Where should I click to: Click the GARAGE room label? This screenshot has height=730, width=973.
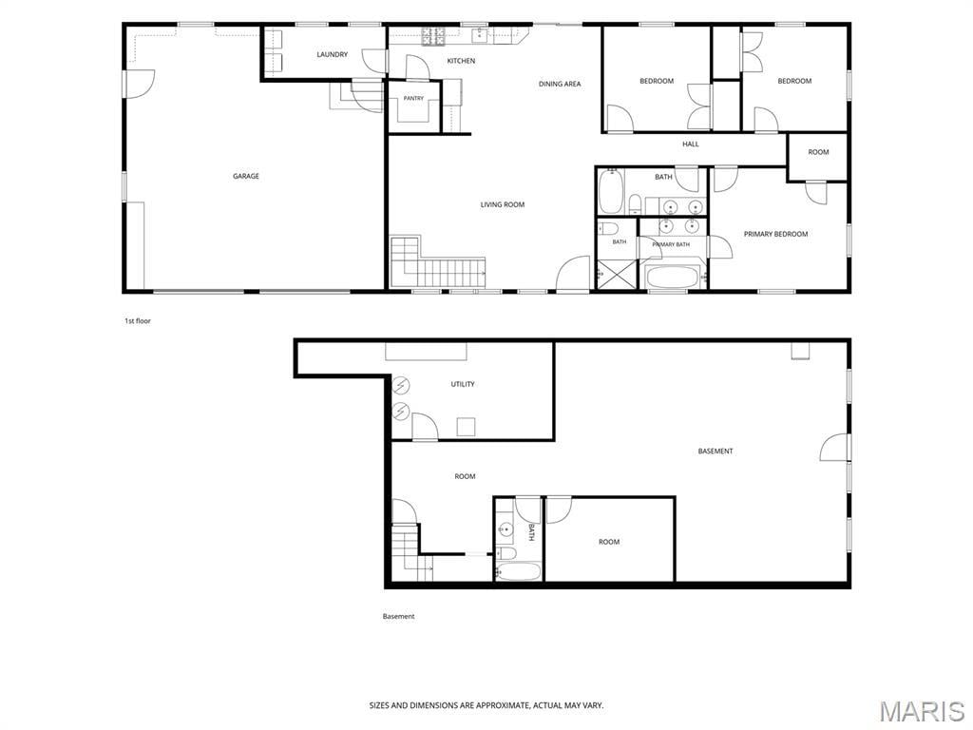[x=246, y=176]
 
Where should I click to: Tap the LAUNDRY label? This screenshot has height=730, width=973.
[x=332, y=54]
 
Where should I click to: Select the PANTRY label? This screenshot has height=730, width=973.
[x=413, y=98]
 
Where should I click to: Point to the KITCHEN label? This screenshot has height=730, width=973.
[x=461, y=61]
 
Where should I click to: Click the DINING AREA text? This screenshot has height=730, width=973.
[x=560, y=84]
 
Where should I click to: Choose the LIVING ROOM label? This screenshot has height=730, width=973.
[x=502, y=204]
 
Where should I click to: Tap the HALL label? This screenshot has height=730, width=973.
[x=691, y=144]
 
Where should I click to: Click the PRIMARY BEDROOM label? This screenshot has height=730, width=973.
[x=775, y=234]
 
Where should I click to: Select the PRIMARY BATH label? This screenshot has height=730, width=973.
[x=671, y=244]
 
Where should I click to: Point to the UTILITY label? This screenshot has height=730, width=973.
[x=463, y=384]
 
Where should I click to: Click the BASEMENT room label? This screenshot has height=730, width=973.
[x=715, y=451]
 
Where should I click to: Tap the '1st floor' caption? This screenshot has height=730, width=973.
[x=138, y=321]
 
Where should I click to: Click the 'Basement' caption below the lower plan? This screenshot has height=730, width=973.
[x=398, y=616]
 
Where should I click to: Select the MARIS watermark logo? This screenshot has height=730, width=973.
[x=922, y=711]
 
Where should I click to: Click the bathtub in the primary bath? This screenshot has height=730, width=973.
[x=673, y=277]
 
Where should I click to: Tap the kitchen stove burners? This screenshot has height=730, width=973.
[x=433, y=37]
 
